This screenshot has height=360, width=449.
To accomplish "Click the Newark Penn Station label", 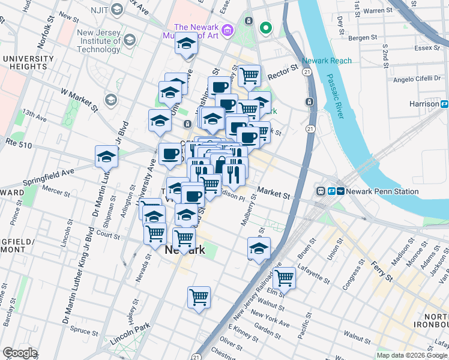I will click(x=367, y=191).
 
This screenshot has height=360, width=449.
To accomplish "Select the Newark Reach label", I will click(x=327, y=61).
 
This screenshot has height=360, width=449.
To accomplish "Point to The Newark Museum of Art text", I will click(x=196, y=32).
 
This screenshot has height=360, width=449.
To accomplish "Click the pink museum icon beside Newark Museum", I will click(x=227, y=29).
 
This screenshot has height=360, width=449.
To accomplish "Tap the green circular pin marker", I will click(x=265, y=28).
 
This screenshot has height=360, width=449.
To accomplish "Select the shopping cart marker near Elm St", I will click(x=284, y=278).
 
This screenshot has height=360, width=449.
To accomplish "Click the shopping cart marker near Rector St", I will click(x=249, y=76).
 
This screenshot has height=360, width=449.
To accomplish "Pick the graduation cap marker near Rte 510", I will click(x=106, y=157).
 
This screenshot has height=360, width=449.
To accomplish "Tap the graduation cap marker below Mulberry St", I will click(x=259, y=248).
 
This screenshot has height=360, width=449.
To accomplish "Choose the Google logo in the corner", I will click(x=20, y=353).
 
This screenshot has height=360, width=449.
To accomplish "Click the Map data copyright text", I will click(x=412, y=355).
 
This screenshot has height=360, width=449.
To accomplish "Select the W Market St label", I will click(x=79, y=99).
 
